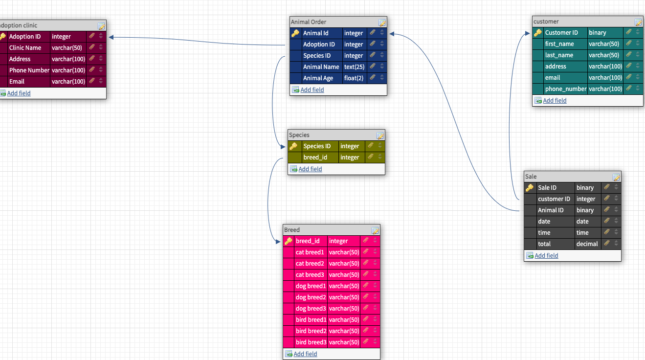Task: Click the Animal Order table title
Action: coord(309,22)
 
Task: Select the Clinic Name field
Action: coord(25,48)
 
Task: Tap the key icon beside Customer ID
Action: coord(537,33)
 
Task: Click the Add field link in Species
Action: coord(310,169)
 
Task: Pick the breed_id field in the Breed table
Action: coord(308,241)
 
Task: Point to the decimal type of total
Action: coord(587,244)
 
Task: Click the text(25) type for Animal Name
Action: coord(353,67)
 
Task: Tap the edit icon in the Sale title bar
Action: coord(616,177)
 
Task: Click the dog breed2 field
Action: coord(311,297)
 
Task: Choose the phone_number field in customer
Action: coord(565,89)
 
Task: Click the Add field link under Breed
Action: coord(305,354)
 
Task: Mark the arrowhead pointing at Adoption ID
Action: coord(111,37)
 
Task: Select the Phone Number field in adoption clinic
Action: coord(29,70)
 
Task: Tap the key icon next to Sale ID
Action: coord(530,188)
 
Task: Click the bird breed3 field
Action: coord(311,342)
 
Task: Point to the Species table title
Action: coord(299,135)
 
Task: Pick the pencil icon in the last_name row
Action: coord(629,55)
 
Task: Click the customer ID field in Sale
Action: coord(554,199)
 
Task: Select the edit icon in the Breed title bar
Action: coord(375,230)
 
